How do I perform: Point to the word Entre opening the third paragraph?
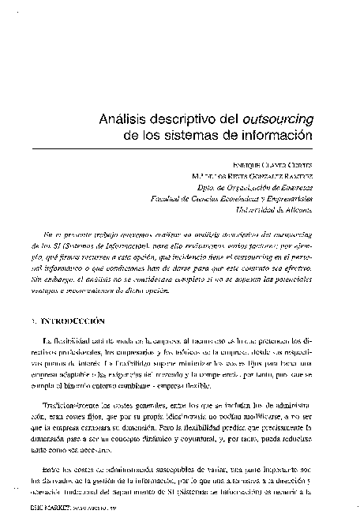(51, 471)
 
